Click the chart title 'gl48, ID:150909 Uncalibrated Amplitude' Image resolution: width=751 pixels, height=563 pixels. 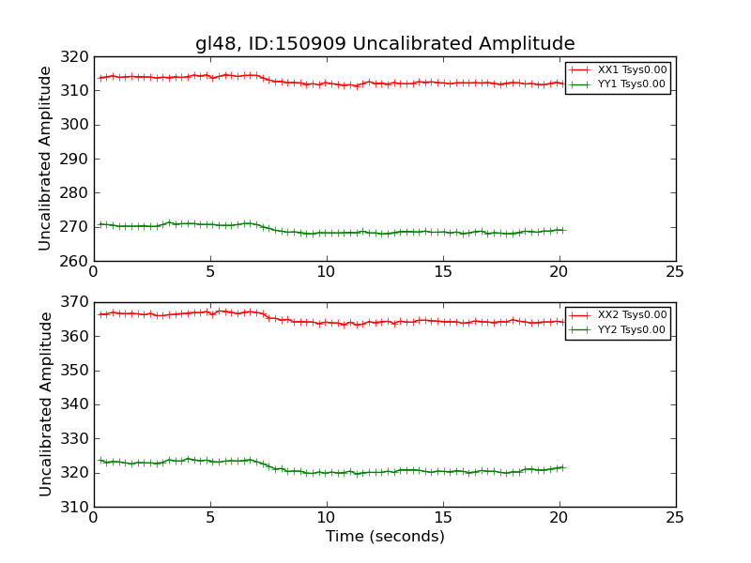click(385, 44)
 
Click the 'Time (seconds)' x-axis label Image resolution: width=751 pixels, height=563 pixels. click(385, 537)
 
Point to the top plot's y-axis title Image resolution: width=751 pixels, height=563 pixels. click(45, 159)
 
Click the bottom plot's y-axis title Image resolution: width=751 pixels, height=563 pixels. click(45, 404)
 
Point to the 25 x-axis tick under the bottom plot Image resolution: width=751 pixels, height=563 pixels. click(675, 518)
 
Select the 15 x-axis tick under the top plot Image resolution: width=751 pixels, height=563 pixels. click(442, 272)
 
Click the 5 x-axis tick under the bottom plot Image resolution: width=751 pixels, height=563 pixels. click(209, 518)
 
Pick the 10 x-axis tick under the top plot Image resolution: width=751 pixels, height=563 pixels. click(326, 272)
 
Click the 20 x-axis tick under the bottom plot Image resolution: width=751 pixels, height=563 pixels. click(559, 518)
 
